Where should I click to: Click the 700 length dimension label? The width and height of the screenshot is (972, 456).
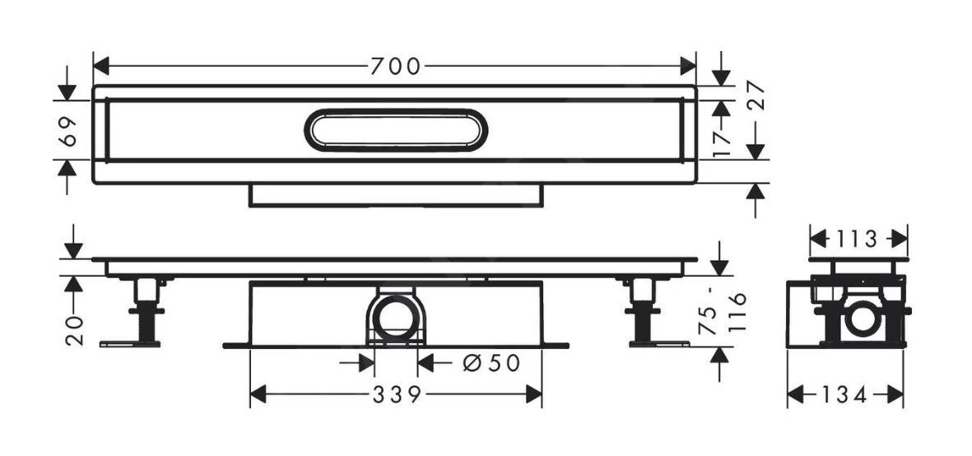click(394, 66)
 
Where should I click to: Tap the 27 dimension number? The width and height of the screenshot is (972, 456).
click(756, 96)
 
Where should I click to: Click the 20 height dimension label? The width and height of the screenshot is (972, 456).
click(75, 329)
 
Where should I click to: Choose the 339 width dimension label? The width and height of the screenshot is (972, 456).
click(395, 395)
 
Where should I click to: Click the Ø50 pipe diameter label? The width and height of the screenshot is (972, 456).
click(491, 362)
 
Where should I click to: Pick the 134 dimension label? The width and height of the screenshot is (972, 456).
click(844, 396)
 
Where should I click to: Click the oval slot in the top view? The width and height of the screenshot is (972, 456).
click(395, 130)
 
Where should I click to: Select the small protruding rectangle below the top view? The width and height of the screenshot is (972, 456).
click(395, 195)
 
